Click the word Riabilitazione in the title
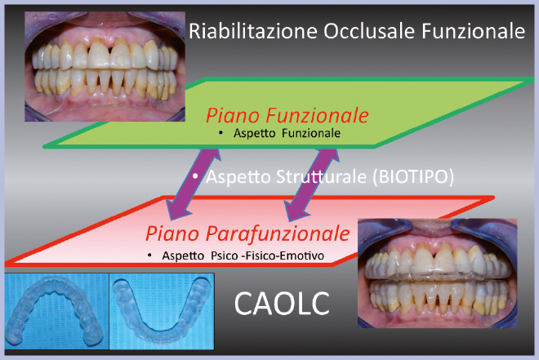[253, 31]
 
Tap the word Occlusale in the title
[369, 31]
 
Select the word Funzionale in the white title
[474, 31]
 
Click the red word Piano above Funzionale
[233, 116]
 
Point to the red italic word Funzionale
[318, 115]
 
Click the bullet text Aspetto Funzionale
[287, 133]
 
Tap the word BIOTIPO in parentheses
[413, 177]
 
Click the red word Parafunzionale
[278, 233]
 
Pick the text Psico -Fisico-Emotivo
[267, 256]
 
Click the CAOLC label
[282, 304]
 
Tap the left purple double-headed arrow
[194, 184]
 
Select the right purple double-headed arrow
[312, 184]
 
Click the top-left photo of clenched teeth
[105, 66]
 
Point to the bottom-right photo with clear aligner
[437, 273]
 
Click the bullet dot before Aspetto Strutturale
[195, 176]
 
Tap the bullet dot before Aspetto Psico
[149, 256]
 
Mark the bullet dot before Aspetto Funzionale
[220, 133]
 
